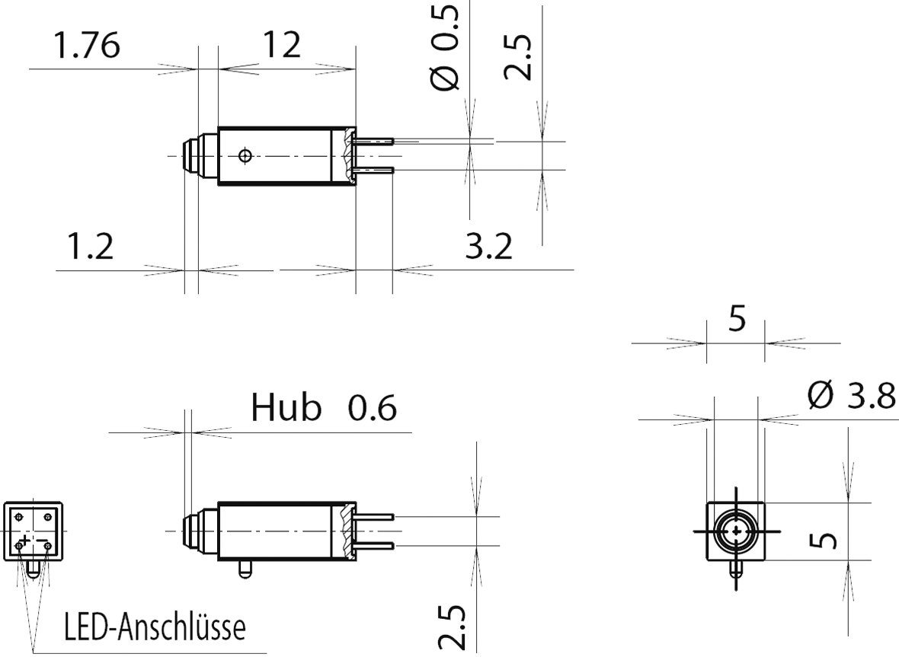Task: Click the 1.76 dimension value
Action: (86, 47)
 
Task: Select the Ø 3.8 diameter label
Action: (851, 397)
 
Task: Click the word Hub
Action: (286, 409)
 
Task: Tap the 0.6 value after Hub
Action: (372, 410)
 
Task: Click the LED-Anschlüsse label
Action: (155, 630)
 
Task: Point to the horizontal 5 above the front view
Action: (737, 321)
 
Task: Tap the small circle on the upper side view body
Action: (245, 156)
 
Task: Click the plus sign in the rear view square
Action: (25, 541)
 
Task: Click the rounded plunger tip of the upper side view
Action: (190, 156)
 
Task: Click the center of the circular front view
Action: (736, 531)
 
